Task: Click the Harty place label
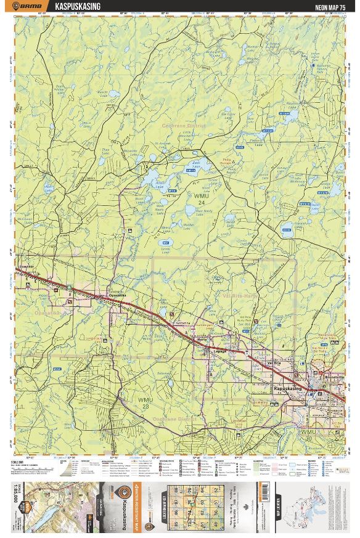(202, 339)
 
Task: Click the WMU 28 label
(143, 404)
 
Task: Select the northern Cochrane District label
(183, 125)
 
